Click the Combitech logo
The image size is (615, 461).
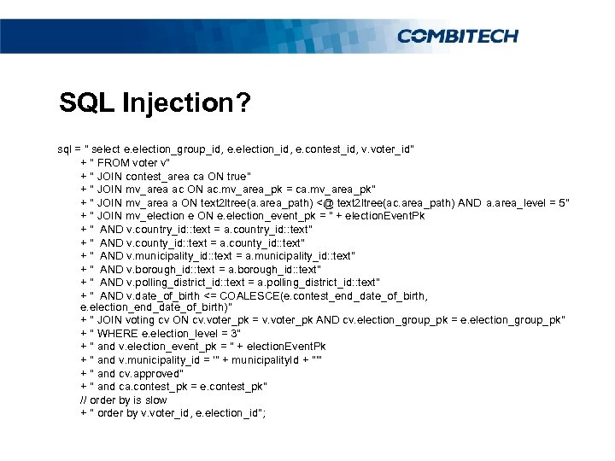[457, 35]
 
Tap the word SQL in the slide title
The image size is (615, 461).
[88, 103]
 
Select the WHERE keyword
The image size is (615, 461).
[119, 333]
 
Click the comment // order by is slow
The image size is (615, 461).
[123, 400]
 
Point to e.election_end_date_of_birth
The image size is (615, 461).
[151, 307]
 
